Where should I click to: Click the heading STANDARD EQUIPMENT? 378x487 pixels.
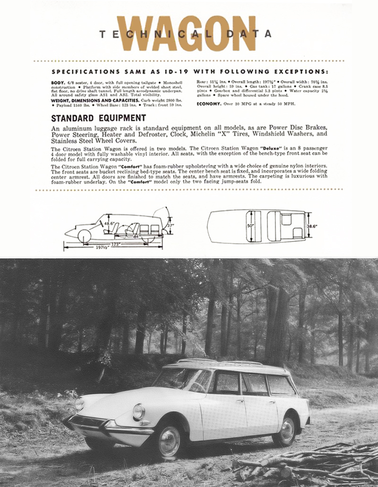pyautogui.click(x=98, y=118)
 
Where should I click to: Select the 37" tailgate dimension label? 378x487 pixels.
pyautogui.click(x=170, y=226)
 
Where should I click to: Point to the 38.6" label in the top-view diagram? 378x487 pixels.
pyautogui.click(x=312, y=227)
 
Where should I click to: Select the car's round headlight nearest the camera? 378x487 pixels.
pyautogui.click(x=138, y=411)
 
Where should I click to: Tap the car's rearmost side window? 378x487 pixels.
pyautogui.click(x=281, y=385)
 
